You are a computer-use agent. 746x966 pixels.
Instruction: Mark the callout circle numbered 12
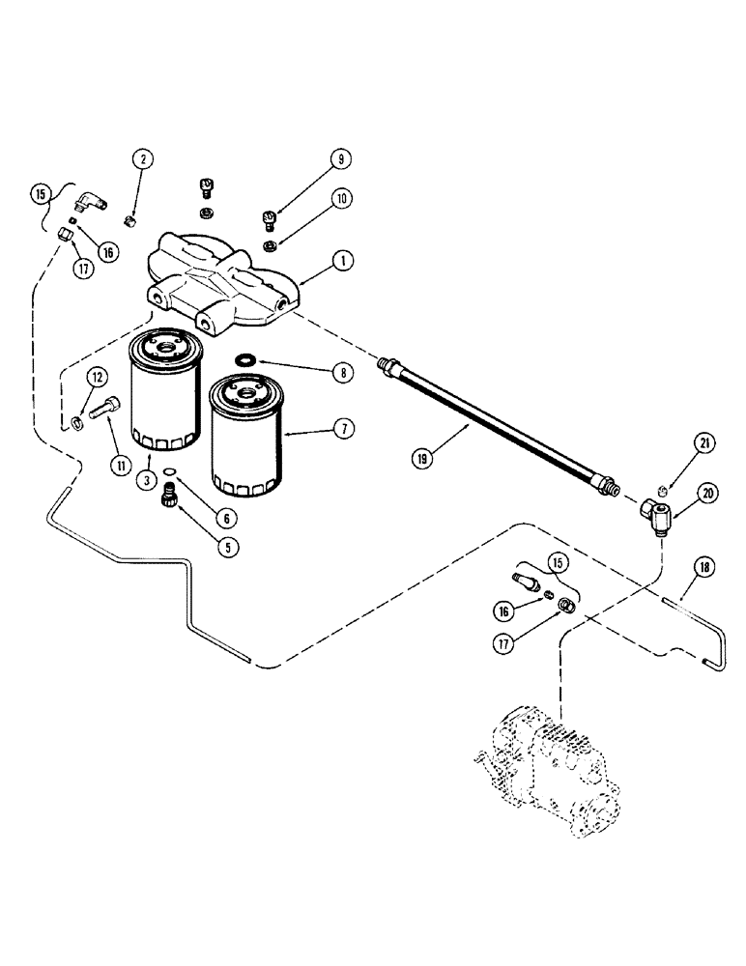pyautogui.click(x=97, y=375)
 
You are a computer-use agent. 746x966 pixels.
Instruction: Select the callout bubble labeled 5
pyautogui.click(x=228, y=546)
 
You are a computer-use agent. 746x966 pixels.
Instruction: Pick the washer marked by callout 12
pyautogui.click(x=77, y=422)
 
